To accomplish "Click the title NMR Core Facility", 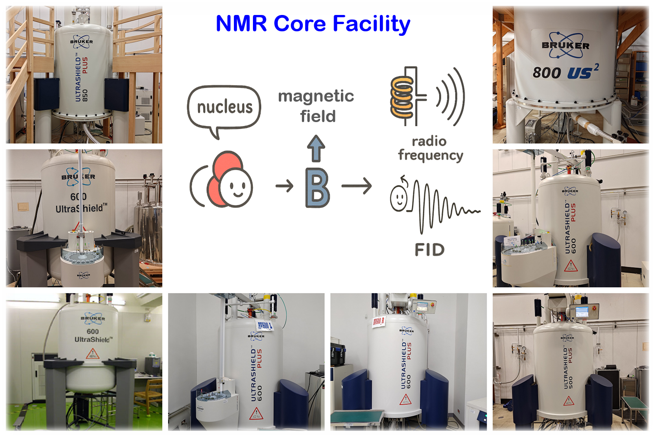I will tap(313, 24).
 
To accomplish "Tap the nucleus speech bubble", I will tap(224, 108).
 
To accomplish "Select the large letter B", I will tap(317, 188).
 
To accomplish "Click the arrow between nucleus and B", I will tap(284, 186).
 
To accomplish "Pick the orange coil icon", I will tap(402, 97).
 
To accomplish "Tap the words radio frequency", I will tap(430, 148).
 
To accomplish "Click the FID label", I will tap(429, 250).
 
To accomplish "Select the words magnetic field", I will tap(316, 106).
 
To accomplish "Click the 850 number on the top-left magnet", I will tap(85, 95).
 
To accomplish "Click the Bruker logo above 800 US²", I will tap(565, 45).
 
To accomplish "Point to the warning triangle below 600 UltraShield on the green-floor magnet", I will tap(92, 354).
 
